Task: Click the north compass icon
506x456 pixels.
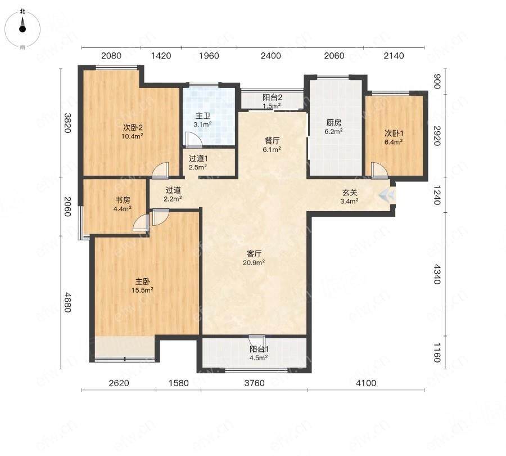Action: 22,29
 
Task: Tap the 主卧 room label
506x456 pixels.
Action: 142,281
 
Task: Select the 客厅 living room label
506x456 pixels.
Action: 254,254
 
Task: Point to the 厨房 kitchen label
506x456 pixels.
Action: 333,123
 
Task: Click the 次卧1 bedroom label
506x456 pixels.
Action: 394,133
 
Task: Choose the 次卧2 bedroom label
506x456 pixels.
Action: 133,127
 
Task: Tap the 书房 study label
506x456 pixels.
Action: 123,200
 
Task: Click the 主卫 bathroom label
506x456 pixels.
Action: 202,116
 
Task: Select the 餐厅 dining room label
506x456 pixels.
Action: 272,141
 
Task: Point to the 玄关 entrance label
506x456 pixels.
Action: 350,193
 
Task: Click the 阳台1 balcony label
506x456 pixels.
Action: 259,350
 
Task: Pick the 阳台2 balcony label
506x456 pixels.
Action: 272,97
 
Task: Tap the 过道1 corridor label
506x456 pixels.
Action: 198,159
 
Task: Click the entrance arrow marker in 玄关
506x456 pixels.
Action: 387,195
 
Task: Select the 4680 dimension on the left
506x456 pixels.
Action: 67,302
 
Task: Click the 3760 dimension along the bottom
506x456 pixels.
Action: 254,383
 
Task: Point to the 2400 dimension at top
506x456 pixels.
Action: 271,56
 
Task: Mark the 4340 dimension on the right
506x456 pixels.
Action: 436,274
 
